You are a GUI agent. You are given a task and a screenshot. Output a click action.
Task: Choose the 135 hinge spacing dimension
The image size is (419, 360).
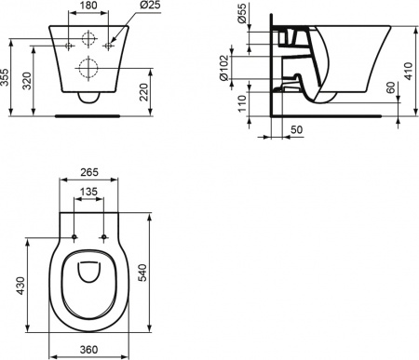(89, 193)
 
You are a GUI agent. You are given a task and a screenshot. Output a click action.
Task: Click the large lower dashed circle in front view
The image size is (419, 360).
(89, 67)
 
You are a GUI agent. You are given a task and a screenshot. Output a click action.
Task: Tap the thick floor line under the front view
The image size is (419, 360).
(89, 116)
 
